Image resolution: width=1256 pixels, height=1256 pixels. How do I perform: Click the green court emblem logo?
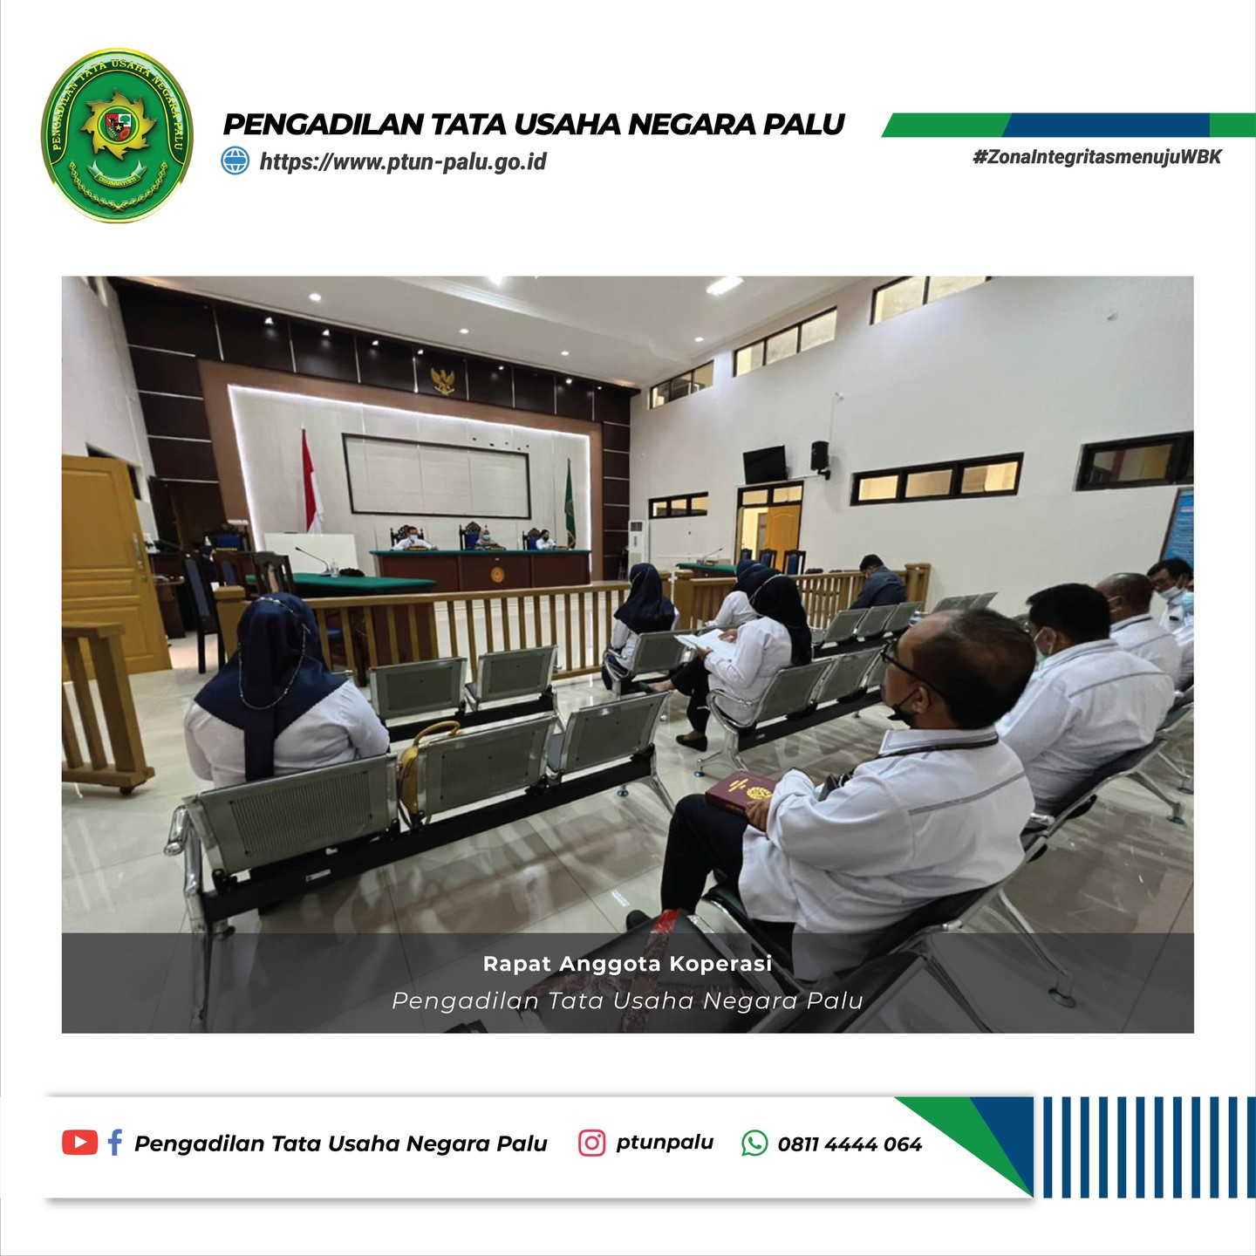point(118,135)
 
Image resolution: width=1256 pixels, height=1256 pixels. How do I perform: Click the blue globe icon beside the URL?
point(235,160)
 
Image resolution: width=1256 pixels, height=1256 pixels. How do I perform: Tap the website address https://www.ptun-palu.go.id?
point(403,161)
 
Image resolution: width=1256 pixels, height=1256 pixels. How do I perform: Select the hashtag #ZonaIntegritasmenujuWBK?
point(1097,157)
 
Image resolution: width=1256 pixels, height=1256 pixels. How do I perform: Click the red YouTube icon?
point(79,1143)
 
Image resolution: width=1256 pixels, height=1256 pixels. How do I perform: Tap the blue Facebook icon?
point(115,1143)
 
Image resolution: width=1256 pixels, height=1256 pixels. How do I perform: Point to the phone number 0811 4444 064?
point(850,1144)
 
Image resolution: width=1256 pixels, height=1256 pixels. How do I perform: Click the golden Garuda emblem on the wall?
point(443,381)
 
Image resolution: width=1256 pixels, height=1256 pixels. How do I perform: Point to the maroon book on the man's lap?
point(741,793)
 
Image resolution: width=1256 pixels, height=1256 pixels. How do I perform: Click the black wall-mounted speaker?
point(820,456)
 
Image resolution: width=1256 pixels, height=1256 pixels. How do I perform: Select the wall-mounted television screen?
point(765,465)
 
